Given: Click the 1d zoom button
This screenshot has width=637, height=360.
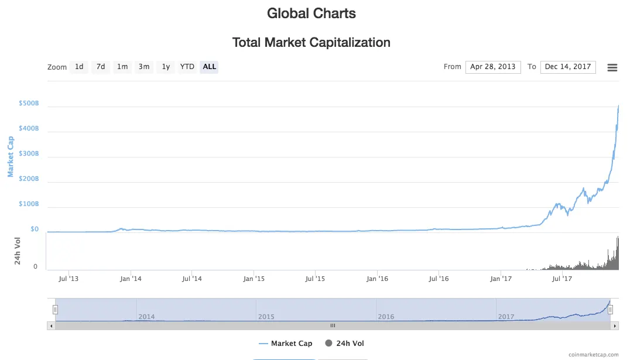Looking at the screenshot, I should coord(79,67).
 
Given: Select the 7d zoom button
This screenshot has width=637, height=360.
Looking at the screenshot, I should coord(101,67).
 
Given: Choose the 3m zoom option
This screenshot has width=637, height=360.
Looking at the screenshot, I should coord(143,67).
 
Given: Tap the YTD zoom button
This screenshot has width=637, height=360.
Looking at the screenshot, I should coord(187,67).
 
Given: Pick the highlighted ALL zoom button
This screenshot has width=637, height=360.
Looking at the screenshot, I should coord(209,67).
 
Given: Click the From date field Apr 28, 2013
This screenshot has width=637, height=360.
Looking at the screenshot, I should coord(493,67).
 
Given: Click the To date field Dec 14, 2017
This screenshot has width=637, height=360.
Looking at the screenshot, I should coord(568,67).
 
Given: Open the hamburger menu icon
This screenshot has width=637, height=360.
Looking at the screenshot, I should coord(612,67).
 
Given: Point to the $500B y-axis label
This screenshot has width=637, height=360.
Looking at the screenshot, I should coord(29,103).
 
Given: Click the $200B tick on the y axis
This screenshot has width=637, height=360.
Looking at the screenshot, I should coord(29,179).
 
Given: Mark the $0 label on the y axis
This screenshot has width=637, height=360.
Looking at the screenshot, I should coord(35,229).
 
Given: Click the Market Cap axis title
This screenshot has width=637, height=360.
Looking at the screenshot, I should coord(10,156).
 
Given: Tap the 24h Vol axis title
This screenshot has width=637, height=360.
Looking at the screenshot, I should coord(18,251).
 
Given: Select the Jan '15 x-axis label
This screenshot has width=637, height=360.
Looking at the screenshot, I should coord(254,279).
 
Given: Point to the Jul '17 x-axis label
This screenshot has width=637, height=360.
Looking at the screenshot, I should coord(562,279).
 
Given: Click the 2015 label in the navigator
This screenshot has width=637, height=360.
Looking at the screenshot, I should coord(266,317).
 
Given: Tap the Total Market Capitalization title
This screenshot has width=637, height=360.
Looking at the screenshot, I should coord(311,42).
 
